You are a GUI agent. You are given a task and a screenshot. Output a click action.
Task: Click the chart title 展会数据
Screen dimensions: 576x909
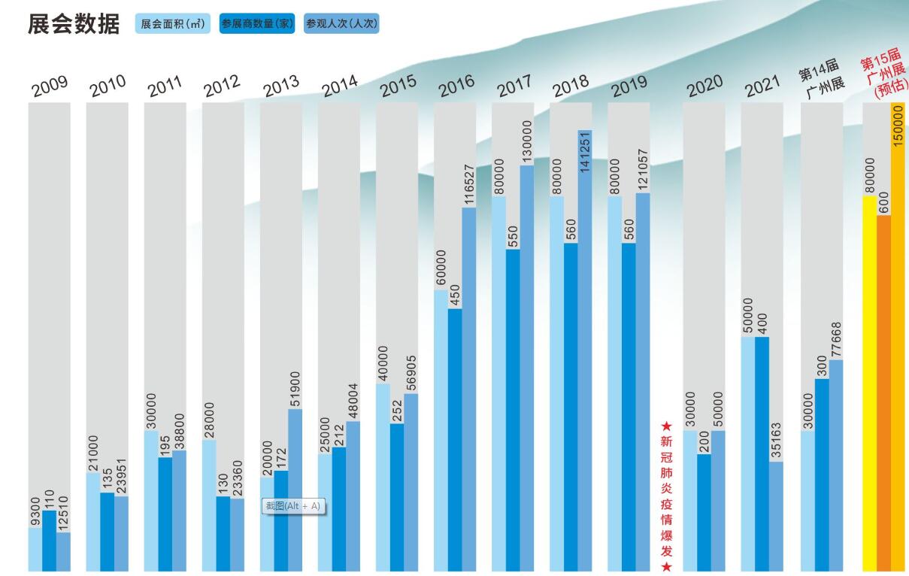click(x=73, y=23)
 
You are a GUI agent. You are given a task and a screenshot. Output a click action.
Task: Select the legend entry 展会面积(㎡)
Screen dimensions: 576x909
click(x=172, y=24)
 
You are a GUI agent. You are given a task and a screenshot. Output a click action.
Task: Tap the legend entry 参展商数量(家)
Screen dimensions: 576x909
click(x=256, y=24)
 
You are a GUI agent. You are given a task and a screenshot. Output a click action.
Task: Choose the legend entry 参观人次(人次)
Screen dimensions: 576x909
click(x=341, y=24)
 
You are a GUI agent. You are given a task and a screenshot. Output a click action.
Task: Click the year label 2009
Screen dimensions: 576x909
click(x=50, y=86)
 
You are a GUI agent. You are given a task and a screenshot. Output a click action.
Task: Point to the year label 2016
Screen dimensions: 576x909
click(x=456, y=86)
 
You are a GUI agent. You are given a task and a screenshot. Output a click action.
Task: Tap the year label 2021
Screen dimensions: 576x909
click(x=762, y=86)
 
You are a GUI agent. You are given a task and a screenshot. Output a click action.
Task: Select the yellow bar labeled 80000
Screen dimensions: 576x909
click(x=870, y=383)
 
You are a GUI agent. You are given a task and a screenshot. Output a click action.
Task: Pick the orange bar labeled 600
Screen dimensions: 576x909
click(x=884, y=391)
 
